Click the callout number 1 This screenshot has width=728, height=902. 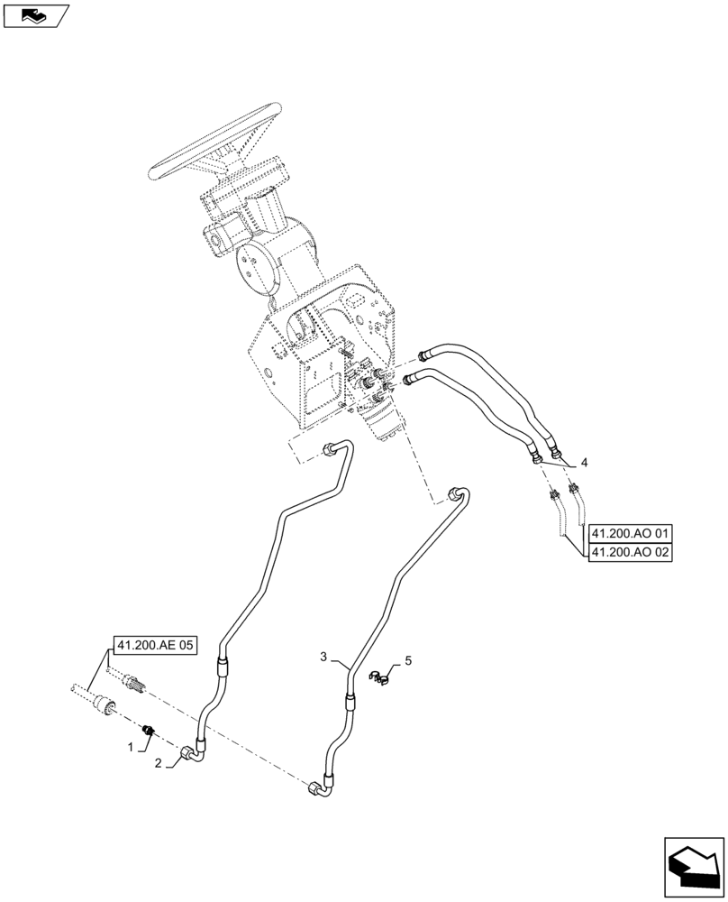click(131, 748)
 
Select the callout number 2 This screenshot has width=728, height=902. click(159, 764)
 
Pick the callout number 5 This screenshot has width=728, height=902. click(408, 661)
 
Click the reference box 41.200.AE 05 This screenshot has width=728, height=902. click(154, 645)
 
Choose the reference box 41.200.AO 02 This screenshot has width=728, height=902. click(631, 553)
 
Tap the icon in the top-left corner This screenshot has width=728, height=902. click(35, 15)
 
